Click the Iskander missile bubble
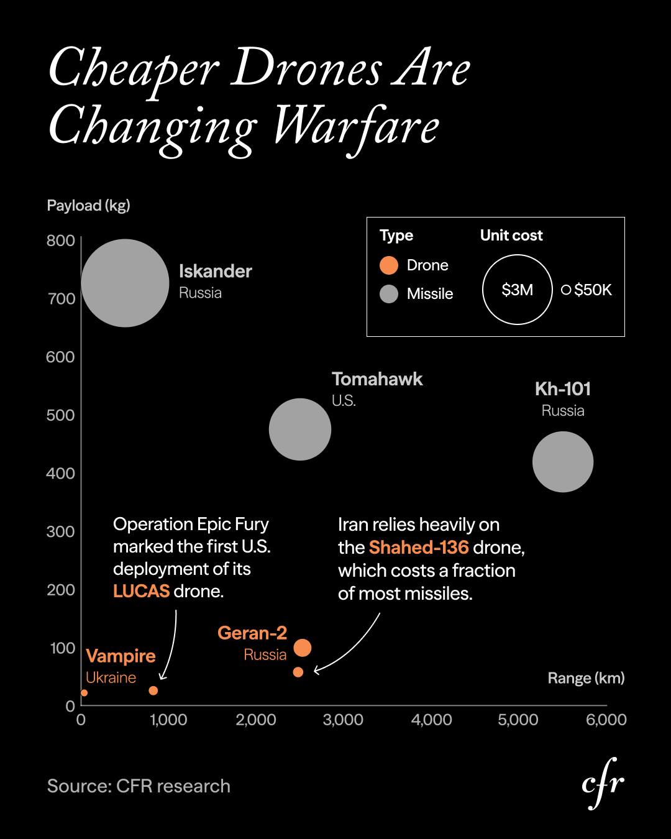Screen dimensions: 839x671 point(125,283)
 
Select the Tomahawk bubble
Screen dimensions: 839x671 point(299,429)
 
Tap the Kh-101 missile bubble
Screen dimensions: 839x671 point(563,462)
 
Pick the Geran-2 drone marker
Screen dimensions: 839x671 point(303,648)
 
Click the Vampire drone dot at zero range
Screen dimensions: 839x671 point(84,693)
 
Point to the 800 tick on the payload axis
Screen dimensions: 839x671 point(60,241)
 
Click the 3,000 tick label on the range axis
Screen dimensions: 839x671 point(343,720)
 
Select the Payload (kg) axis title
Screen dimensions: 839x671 point(88,206)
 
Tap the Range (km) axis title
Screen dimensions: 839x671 point(586,678)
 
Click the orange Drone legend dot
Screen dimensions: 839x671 point(389,265)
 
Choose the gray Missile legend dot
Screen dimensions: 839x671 point(389,294)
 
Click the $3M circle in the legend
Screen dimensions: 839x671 point(517,290)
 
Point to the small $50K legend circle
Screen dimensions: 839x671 point(566,290)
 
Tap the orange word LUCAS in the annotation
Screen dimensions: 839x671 point(141,590)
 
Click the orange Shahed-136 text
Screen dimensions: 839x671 point(418,548)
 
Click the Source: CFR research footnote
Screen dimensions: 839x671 point(139,786)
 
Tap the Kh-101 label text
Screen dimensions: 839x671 point(563,389)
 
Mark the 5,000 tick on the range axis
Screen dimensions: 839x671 point(518,720)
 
